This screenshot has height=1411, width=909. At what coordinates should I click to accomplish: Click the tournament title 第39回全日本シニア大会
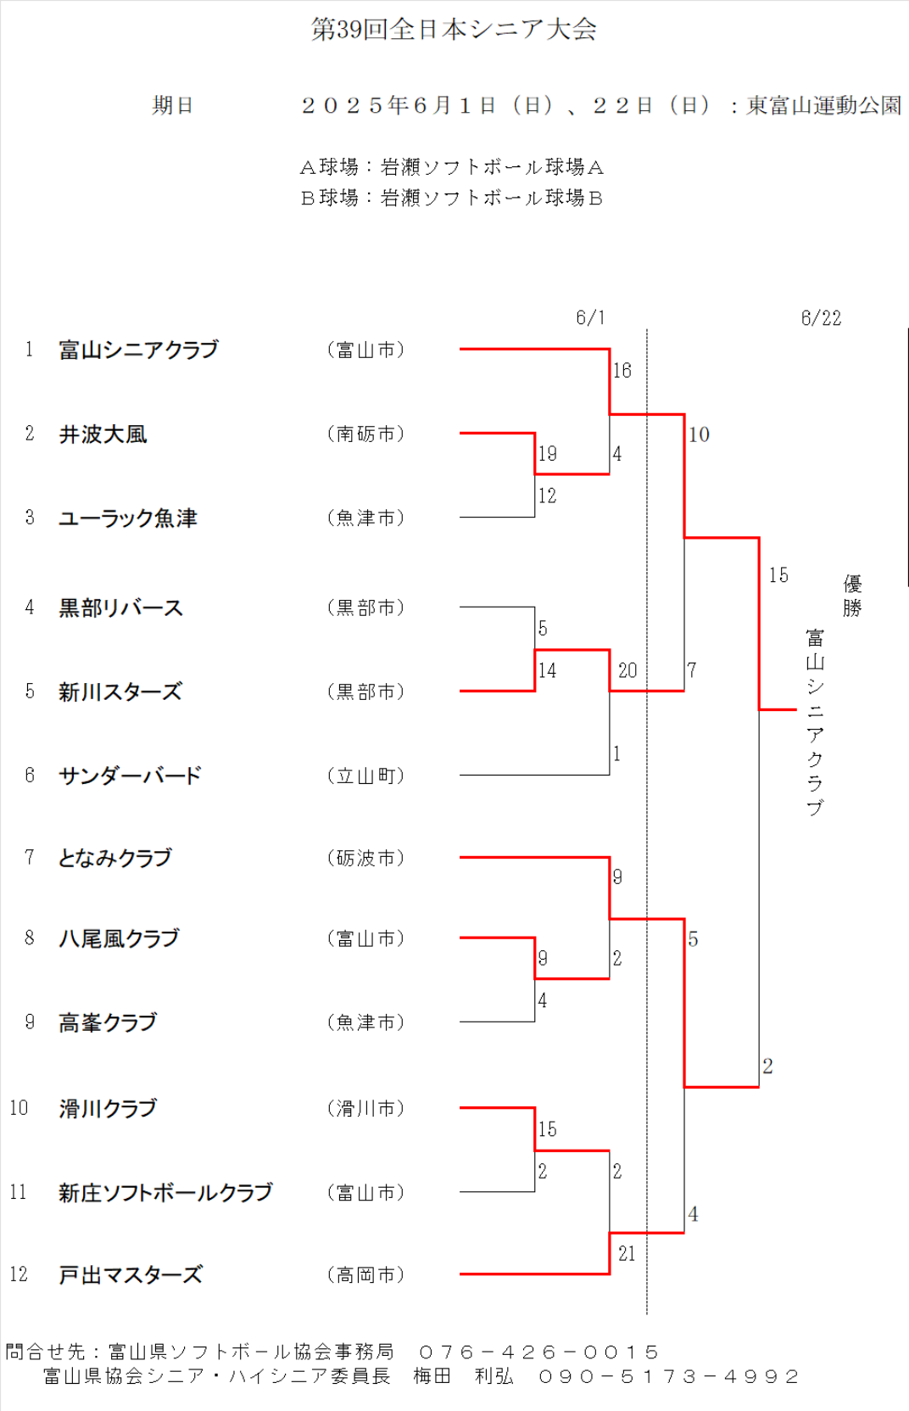[x=454, y=30]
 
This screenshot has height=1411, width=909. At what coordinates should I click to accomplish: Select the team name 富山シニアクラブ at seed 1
[x=138, y=350]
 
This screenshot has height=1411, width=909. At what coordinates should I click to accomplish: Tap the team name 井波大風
[x=103, y=434]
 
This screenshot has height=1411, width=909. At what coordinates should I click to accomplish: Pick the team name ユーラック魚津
[x=128, y=518]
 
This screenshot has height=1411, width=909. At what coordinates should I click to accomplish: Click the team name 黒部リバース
[x=121, y=608]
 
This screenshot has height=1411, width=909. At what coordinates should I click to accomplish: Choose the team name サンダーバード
[x=131, y=775]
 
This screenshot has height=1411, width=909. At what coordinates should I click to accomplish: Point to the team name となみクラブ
[x=115, y=858]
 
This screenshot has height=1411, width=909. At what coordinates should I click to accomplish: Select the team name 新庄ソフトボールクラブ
[x=165, y=1192]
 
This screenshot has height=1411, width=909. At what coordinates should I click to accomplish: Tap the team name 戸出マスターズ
[x=131, y=1275]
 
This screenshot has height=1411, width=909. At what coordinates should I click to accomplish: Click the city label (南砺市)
[x=365, y=434]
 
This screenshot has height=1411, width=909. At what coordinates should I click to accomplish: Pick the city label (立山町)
[x=365, y=775]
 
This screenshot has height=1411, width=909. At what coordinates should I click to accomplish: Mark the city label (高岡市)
[x=365, y=1275]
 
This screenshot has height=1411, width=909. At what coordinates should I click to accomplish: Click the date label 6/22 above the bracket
[x=821, y=318]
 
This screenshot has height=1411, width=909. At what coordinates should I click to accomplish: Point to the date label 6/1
[x=590, y=318]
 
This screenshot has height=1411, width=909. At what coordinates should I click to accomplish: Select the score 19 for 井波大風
[x=547, y=454]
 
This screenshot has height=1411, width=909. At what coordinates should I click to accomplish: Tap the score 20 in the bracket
[x=627, y=670]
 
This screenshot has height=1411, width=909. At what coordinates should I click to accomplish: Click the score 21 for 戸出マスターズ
[x=627, y=1253]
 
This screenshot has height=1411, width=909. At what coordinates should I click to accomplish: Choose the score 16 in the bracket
[x=622, y=371]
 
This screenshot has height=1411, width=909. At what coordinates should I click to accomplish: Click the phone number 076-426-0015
[x=538, y=1352]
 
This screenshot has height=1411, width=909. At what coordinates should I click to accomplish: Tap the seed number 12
[x=19, y=1274]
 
